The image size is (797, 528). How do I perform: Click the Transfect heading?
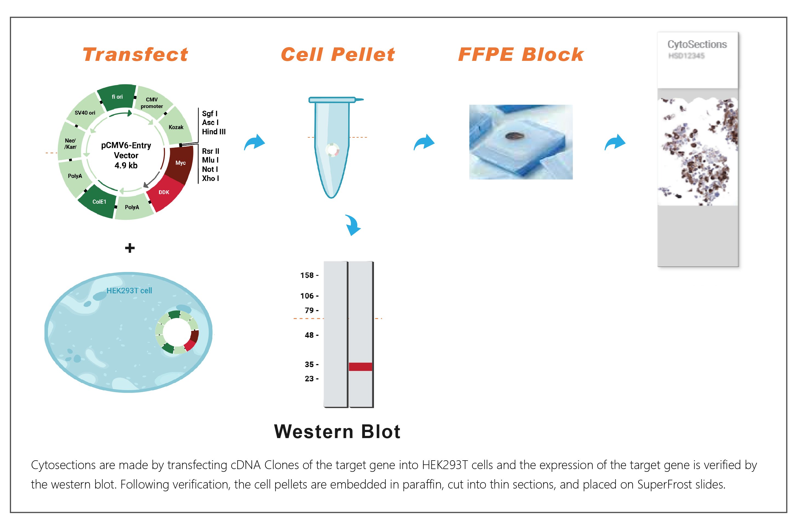(135, 55)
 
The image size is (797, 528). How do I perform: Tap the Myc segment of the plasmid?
(181, 163)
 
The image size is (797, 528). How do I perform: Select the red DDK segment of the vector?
(164, 193)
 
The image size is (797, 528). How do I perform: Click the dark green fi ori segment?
(117, 97)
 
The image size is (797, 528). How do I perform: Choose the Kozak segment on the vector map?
(176, 127)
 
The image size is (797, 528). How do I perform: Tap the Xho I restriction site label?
(210, 178)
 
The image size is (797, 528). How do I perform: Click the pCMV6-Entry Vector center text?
(126, 155)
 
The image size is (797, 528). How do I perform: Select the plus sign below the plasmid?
(130, 248)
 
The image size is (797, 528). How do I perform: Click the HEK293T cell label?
(129, 291)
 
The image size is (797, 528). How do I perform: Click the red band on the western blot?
(360, 367)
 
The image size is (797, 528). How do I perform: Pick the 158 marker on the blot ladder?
(307, 276)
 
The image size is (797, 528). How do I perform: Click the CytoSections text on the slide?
(697, 44)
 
